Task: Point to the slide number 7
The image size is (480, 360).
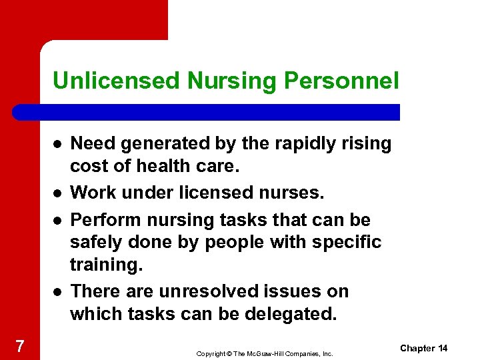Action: [20, 346]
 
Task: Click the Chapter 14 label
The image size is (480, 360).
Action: [424, 349]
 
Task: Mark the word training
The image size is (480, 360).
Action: [105, 265]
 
